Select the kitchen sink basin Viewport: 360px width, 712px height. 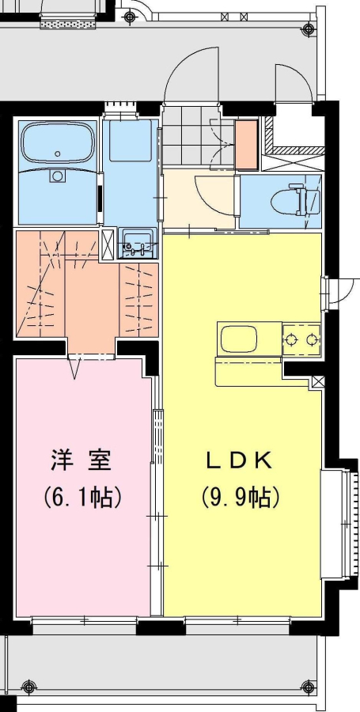point(239,339)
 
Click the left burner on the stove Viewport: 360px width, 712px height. point(290,339)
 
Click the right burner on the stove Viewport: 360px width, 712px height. point(312,339)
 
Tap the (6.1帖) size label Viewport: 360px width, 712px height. point(82,498)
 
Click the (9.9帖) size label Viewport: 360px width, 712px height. point(240,498)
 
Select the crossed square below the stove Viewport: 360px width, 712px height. point(319,383)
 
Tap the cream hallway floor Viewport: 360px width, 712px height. point(199,200)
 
